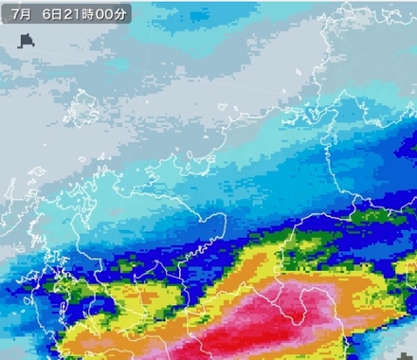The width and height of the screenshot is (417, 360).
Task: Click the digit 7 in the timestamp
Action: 12,14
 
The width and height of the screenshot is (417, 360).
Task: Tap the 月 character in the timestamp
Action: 24,14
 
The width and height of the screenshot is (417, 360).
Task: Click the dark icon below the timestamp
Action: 27,41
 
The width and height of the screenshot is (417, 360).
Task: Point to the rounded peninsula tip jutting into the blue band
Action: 219,224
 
